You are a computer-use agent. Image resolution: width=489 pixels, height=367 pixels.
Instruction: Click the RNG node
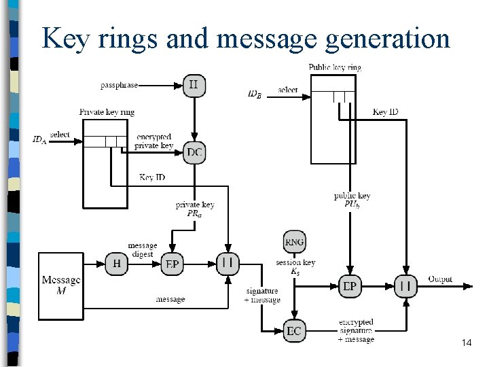(x=295, y=242)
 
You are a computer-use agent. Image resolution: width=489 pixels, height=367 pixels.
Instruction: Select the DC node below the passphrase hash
(x=194, y=152)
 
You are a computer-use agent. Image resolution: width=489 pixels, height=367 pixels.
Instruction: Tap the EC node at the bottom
(x=294, y=331)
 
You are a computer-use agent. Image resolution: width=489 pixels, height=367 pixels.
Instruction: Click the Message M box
(x=60, y=285)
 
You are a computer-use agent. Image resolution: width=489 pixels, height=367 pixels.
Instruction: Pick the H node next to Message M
(x=116, y=264)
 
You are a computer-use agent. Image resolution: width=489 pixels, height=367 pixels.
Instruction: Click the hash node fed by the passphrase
(x=194, y=86)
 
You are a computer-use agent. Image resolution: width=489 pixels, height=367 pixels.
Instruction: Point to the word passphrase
(x=120, y=86)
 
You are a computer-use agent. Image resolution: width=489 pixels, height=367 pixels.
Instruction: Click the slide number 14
(x=466, y=343)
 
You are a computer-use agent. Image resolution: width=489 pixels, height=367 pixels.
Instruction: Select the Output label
(x=440, y=279)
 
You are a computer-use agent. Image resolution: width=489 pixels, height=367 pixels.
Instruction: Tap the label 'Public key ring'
(x=335, y=67)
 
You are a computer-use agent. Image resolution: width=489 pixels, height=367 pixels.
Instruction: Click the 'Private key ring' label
(x=107, y=112)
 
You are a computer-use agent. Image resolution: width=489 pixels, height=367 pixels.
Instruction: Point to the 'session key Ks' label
(x=295, y=266)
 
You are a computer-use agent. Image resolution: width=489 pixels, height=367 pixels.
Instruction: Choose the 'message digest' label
(x=142, y=249)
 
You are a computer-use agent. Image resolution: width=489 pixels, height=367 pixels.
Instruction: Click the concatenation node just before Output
(x=405, y=286)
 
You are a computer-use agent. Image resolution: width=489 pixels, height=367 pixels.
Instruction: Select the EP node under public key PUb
(x=350, y=286)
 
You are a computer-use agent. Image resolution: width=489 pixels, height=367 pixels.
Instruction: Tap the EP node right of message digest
(x=172, y=264)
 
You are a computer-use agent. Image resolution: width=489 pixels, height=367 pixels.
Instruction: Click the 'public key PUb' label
(x=352, y=200)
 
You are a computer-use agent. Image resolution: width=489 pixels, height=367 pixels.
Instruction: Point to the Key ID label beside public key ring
(x=385, y=112)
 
